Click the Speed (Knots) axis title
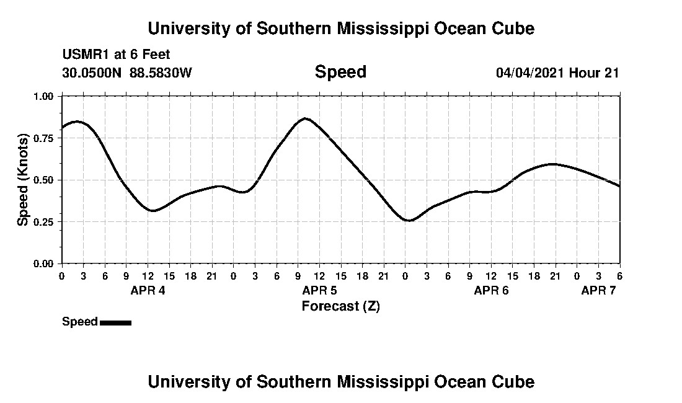[23, 179]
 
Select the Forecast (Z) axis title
[340, 306]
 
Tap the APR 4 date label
[148, 291]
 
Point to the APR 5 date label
[319, 291]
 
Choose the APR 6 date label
[491, 291]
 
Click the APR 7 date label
[598, 291]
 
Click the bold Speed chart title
[340, 72]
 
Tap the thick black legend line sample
[115, 322]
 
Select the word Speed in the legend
[79, 322]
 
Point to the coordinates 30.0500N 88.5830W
[127, 73]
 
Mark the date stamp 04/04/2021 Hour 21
[557, 73]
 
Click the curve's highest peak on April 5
[305, 118]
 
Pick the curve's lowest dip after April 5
[409, 220]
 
